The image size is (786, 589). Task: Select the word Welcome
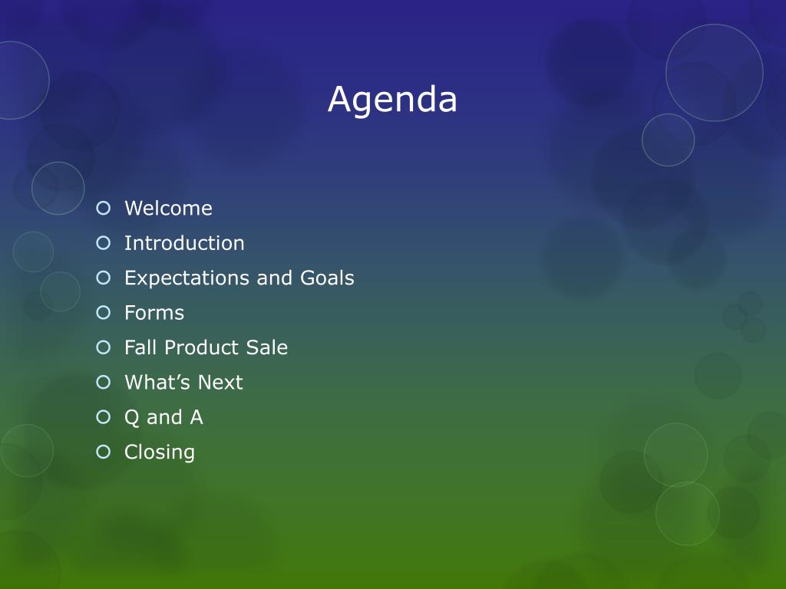coord(168,209)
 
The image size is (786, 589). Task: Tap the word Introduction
coord(184,243)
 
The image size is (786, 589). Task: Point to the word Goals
coord(327,278)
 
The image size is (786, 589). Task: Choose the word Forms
coord(154,313)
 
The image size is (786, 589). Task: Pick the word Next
coord(220,382)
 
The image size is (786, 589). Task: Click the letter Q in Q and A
coord(131,418)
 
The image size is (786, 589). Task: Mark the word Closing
coord(160,452)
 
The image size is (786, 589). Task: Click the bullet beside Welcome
coord(104,208)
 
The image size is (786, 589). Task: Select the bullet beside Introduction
coord(104,243)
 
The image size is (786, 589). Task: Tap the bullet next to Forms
coord(104,313)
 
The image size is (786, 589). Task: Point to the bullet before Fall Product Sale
coord(104,347)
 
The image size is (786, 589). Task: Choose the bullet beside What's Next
coord(104,382)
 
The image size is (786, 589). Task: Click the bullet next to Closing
coord(104,452)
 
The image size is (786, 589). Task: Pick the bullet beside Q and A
coord(104,416)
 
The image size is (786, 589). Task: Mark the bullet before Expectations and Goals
coord(104,278)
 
